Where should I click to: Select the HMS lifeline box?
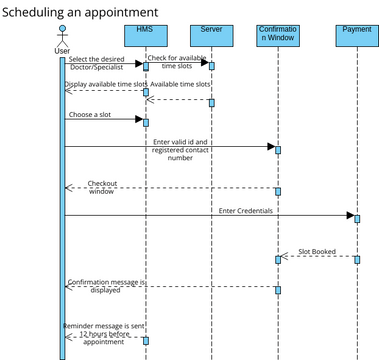(x=145, y=36)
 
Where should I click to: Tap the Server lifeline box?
(x=211, y=36)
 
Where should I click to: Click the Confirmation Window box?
(x=277, y=36)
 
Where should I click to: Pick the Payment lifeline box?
(x=356, y=36)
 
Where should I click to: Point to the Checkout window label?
(x=101, y=187)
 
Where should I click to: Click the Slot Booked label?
(x=317, y=252)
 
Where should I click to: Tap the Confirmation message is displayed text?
(x=105, y=289)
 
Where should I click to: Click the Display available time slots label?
(x=104, y=85)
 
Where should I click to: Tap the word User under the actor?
(x=62, y=51)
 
